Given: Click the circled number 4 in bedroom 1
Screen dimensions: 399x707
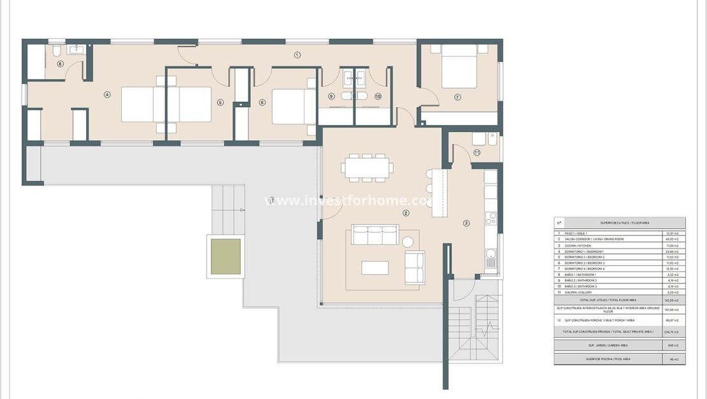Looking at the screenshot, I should (x=107, y=95).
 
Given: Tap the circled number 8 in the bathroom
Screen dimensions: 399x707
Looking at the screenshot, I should (x=61, y=64).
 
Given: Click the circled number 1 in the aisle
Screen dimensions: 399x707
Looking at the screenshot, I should (x=297, y=55).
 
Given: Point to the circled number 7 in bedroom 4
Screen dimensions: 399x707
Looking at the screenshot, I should (x=457, y=97).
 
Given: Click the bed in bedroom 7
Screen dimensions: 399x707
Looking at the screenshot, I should (x=459, y=66).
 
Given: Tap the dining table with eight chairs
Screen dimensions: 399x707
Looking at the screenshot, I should (x=366, y=168).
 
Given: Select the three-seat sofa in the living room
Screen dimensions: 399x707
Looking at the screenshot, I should (x=375, y=235).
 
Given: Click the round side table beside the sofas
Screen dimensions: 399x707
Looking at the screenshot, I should (x=408, y=242).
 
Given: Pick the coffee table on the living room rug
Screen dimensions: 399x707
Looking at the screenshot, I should (x=375, y=268).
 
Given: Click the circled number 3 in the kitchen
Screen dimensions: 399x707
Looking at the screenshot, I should (x=466, y=223).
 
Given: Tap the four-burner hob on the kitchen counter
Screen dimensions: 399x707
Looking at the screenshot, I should (x=491, y=219).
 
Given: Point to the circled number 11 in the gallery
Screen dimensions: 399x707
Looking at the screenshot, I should (x=477, y=152).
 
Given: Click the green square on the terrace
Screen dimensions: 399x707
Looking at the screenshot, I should (x=226, y=257).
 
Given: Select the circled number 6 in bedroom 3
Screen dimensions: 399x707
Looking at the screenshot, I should (x=262, y=102).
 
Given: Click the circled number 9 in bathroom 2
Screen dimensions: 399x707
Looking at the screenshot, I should (x=331, y=97).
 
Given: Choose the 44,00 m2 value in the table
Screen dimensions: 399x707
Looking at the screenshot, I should (x=673, y=239).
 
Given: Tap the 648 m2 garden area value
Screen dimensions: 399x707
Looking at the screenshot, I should (x=673, y=345).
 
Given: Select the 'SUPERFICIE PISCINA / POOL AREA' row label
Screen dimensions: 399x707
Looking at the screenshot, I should (x=608, y=359).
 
